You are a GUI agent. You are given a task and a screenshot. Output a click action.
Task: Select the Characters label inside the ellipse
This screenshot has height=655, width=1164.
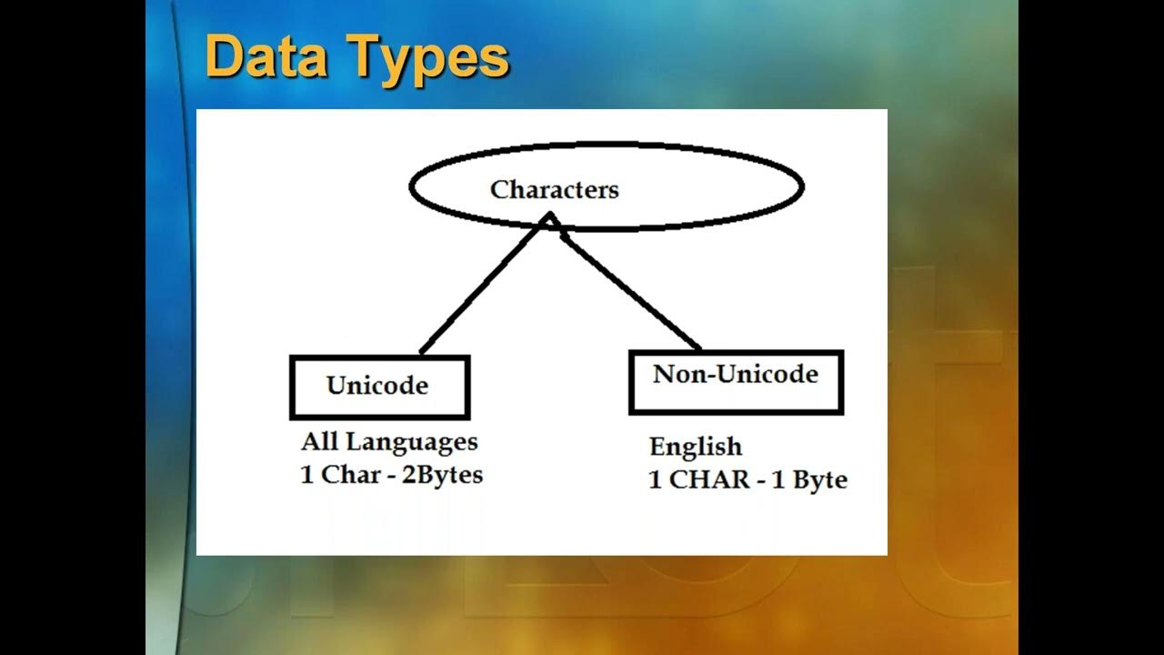click(x=554, y=189)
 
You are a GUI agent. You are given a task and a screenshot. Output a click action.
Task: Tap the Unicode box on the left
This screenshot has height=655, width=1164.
click(x=378, y=387)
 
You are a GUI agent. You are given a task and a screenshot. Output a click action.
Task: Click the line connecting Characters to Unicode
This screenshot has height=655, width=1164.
click(x=482, y=287)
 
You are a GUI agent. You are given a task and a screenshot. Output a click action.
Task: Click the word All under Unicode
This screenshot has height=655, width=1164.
click(x=319, y=443)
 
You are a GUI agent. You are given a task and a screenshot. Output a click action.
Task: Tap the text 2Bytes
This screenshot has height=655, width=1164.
click(x=447, y=475)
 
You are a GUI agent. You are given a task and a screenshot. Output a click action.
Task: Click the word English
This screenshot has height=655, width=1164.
click(x=696, y=447)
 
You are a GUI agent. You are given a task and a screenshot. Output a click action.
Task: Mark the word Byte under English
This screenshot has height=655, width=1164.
click(x=819, y=480)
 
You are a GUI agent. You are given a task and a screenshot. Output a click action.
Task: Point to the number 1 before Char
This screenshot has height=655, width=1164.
click(x=306, y=475)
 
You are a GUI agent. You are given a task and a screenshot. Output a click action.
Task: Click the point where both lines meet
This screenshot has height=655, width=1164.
click(x=549, y=218)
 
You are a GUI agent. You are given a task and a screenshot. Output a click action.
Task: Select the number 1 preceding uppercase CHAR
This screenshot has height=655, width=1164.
click(x=655, y=480)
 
